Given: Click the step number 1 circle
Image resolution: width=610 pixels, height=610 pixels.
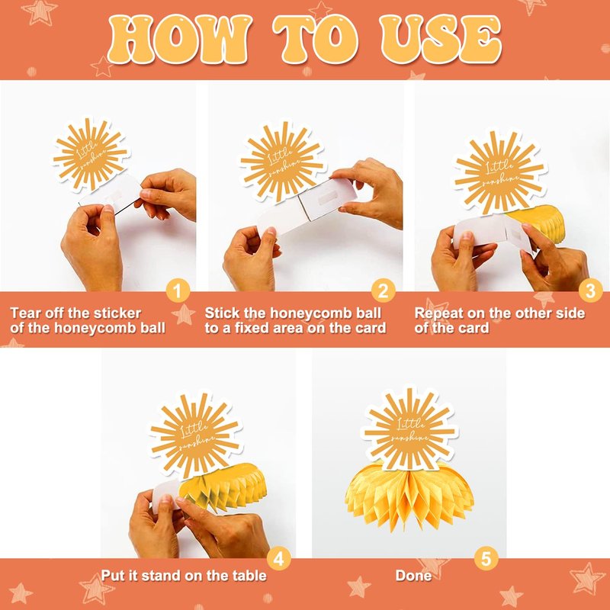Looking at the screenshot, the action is point(178,291).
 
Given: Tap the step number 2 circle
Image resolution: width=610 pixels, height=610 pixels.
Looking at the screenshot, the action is point(384,291).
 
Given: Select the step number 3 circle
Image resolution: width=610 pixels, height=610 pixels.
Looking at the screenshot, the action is point(590,291).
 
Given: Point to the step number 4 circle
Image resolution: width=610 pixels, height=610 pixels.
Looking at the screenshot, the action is point(278,559).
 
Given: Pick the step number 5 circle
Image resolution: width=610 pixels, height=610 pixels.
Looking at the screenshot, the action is point(486,559).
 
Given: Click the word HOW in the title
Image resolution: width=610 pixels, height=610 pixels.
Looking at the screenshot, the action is point(178,40).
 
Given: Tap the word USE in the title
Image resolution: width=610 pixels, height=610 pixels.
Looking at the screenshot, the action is point(441,40).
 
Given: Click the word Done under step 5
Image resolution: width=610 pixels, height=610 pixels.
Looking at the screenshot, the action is point(413,576).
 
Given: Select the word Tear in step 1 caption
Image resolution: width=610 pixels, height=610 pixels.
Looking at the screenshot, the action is point(24,313).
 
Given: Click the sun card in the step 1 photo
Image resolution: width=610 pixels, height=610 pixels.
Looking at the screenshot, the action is point(91,155).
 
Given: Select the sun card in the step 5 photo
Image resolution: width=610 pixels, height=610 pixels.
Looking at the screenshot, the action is point(409,429).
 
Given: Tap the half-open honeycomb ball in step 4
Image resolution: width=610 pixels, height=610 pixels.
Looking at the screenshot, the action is point(223,486).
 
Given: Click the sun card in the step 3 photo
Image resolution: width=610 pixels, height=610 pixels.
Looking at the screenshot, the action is point(500,172).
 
